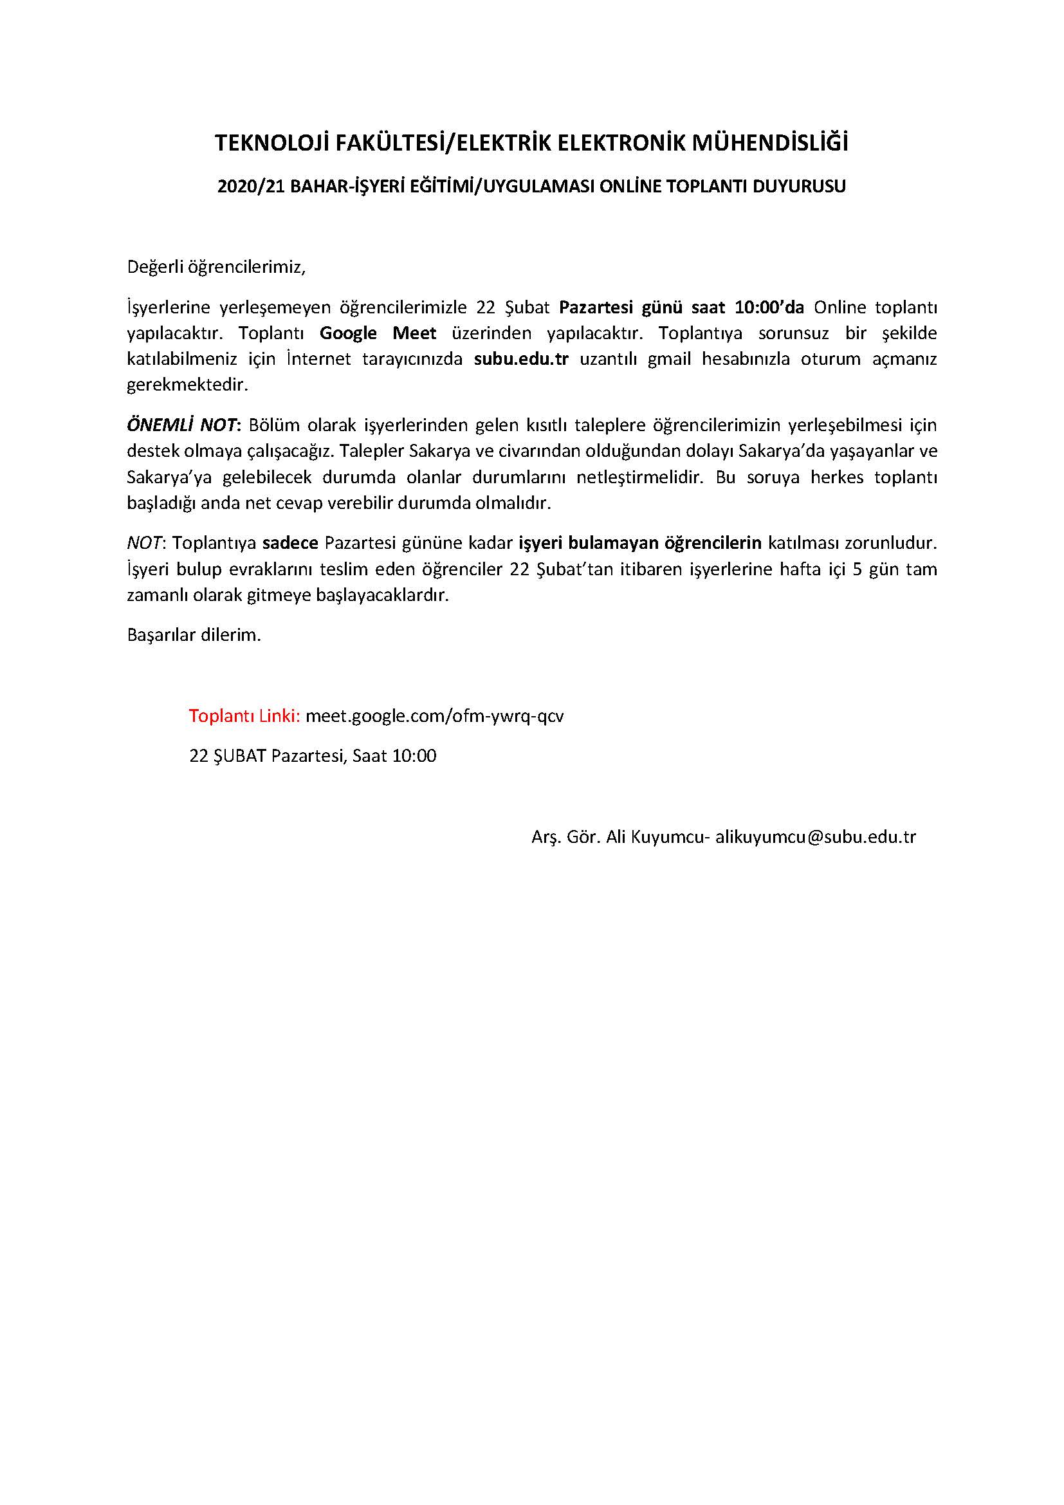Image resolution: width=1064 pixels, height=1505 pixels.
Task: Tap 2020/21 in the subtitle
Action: [251, 187]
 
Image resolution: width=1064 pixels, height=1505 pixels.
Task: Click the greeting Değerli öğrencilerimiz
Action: [216, 268]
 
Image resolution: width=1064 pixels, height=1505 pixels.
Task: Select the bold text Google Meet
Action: [378, 333]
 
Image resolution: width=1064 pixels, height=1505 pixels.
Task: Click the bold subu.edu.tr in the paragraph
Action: [521, 359]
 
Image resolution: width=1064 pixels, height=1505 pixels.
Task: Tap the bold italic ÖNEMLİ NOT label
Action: [181, 425]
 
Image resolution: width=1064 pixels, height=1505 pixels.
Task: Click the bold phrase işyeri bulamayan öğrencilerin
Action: [640, 543]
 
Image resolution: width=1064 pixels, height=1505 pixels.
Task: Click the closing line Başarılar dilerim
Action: [194, 635]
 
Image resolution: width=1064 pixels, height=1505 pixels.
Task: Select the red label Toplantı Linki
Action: [244, 716]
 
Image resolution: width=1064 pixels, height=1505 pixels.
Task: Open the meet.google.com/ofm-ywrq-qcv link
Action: [434, 716]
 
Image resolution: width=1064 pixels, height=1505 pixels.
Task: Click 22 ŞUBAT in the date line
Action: [227, 756]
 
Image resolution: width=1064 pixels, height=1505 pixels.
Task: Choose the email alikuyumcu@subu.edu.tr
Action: [815, 837]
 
